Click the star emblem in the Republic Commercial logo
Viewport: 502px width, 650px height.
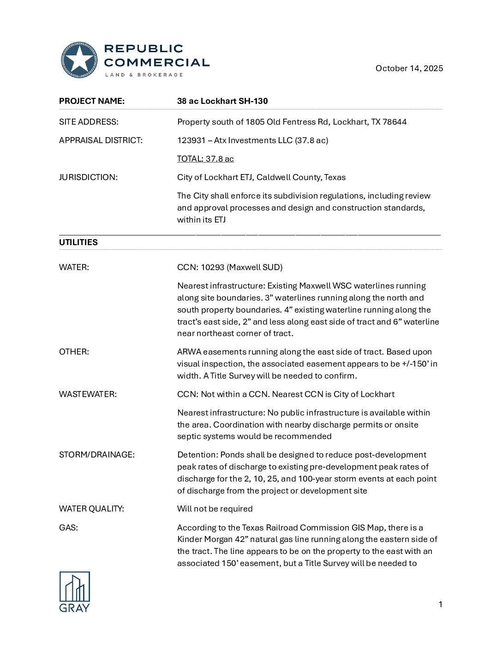click(x=79, y=60)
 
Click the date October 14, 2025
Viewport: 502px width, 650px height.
click(x=409, y=68)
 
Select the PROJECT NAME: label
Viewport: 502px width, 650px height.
click(x=92, y=101)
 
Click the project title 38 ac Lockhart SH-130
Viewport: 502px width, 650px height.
click(x=222, y=101)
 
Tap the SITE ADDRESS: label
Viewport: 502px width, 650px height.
click(x=89, y=122)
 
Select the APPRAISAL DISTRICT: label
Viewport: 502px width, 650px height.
click(x=101, y=140)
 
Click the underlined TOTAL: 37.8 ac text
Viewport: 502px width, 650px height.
click(x=205, y=159)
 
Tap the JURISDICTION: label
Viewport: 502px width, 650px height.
click(x=88, y=177)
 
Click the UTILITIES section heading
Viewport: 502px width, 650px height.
click(x=78, y=242)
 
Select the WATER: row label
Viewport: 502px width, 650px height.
click(x=74, y=267)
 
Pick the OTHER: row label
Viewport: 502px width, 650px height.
click(x=74, y=352)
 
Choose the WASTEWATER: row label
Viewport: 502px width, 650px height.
click(x=88, y=394)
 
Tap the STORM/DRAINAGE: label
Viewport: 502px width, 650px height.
click(x=97, y=455)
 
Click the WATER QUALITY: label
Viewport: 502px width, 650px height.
click(x=91, y=509)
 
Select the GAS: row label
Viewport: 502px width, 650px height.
click(x=68, y=528)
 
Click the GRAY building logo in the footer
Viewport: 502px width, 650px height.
click(x=74, y=591)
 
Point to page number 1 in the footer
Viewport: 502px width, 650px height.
click(x=440, y=604)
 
